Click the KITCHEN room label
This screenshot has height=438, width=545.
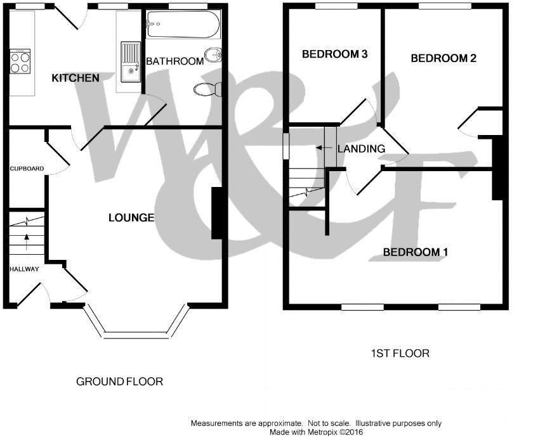[76, 78]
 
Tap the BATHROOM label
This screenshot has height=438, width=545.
[175, 61]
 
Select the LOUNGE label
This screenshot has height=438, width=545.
[131, 217]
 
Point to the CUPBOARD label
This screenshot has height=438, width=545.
[27, 169]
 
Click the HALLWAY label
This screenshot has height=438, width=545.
[24, 269]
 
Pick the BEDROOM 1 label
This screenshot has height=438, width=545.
[416, 252]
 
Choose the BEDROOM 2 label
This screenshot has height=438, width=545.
[443, 58]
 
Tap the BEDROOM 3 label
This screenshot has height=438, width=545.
[335, 54]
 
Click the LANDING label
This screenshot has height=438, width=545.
[362, 149]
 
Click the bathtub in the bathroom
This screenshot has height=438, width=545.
[183, 24]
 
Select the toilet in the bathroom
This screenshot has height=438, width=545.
[208, 89]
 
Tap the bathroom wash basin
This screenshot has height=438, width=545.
[213, 56]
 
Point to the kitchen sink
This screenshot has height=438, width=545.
[131, 62]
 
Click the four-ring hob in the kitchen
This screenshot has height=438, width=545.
[20, 61]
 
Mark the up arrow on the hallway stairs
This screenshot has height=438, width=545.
[27, 242]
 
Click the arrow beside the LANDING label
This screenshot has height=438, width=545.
[324, 148]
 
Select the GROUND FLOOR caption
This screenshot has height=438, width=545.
[119, 382]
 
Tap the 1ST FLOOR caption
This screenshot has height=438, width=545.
[400, 354]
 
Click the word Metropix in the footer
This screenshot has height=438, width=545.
[320, 432]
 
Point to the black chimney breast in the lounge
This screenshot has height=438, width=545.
[217, 213]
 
